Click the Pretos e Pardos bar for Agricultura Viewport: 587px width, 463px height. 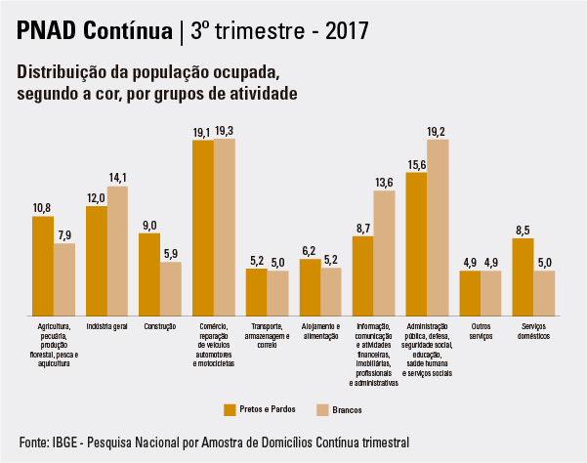pyautogui.click(x=43, y=265)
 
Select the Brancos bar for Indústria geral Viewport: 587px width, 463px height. pyautogui.click(x=117, y=250)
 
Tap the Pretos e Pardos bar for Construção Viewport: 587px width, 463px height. pyautogui.click(x=149, y=274)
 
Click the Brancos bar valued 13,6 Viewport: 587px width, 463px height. pyautogui.click(x=384, y=252)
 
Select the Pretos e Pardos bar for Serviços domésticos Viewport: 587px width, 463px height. pyautogui.click(x=523, y=275)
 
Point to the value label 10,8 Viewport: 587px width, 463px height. pyautogui.click(x=42, y=208)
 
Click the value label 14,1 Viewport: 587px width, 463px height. pyautogui.click(x=117, y=178)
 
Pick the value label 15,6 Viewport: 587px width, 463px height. pyautogui.click(x=416, y=164)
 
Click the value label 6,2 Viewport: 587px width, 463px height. pyautogui.click(x=310, y=251)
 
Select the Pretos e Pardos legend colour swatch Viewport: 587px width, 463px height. pyautogui.click(x=231, y=408)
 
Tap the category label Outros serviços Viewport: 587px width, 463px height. pyautogui.click(x=481, y=330)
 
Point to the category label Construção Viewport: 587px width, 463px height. pyautogui.click(x=160, y=325)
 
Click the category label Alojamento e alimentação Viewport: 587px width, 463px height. pyautogui.click(x=320, y=330)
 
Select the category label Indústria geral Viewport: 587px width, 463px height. pyautogui.click(x=107, y=325)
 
